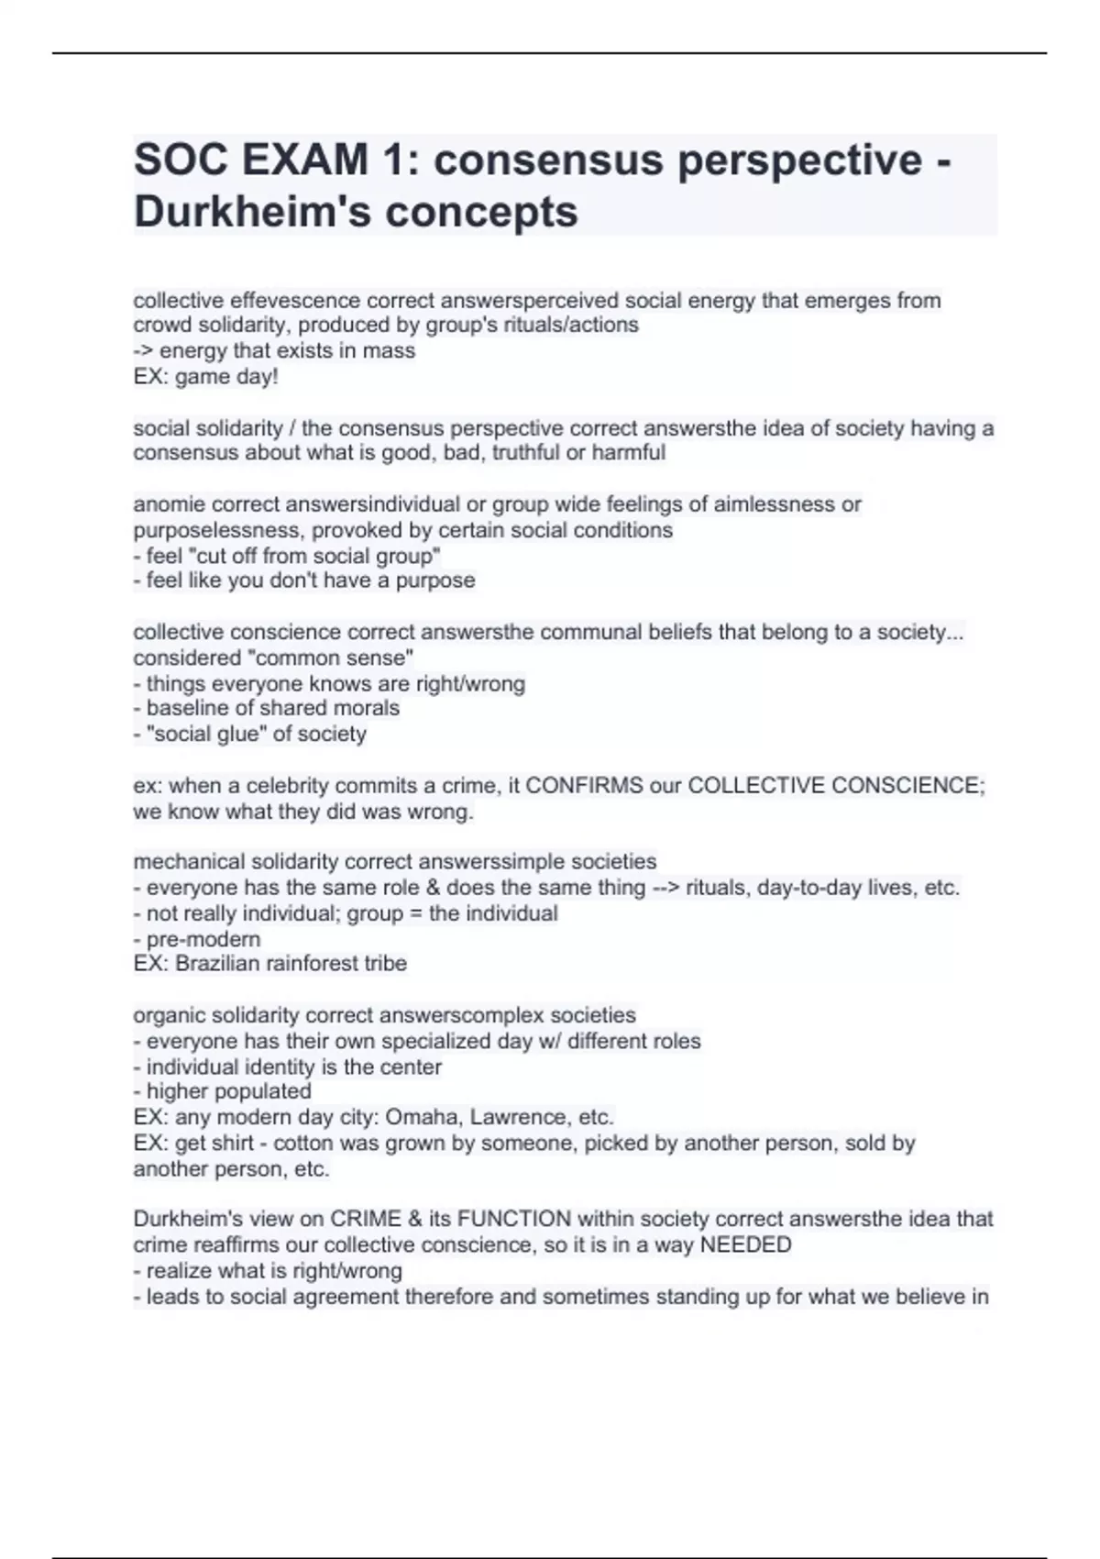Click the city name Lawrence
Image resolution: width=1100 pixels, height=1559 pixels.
(516, 1118)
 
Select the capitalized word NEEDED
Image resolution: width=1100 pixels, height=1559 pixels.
(745, 1245)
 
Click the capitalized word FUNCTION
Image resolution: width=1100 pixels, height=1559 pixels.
(513, 1220)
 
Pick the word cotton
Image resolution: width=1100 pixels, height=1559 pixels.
(305, 1144)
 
